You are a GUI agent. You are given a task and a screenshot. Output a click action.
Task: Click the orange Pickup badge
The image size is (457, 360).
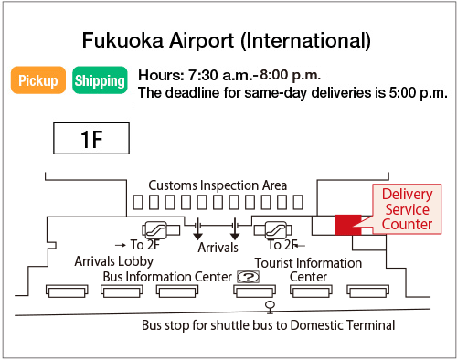pyautogui.click(x=37, y=80)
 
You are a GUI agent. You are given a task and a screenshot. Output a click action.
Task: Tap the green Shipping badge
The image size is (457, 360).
pyautogui.click(x=100, y=80)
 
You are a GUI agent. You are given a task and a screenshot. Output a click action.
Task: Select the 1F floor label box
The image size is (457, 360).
pyautogui.click(x=90, y=140)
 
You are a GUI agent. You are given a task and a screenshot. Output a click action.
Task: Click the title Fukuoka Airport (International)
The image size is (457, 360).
pyautogui.click(x=227, y=40)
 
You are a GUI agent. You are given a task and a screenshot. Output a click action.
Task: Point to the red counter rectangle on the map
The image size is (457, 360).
pyautogui.click(x=348, y=224)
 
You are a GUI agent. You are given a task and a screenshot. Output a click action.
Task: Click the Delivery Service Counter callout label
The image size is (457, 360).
pyautogui.click(x=406, y=209)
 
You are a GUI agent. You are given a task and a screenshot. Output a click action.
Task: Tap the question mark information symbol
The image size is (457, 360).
pyautogui.click(x=247, y=277)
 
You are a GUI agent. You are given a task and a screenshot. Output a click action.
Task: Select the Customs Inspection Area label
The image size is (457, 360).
pyautogui.click(x=218, y=185)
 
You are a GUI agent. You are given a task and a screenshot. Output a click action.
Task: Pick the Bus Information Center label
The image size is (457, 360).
pyautogui.click(x=166, y=276)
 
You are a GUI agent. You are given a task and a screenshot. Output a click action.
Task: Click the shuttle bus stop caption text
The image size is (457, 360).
pyautogui.click(x=268, y=325)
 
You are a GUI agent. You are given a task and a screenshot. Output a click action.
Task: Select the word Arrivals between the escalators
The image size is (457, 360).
pyautogui.click(x=218, y=247)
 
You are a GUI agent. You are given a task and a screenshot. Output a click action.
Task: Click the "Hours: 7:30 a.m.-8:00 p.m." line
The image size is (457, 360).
pyautogui.click(x=229, y=75)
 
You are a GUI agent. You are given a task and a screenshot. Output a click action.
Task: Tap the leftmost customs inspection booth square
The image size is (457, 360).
pyautogui.click(x=138, y=202)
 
